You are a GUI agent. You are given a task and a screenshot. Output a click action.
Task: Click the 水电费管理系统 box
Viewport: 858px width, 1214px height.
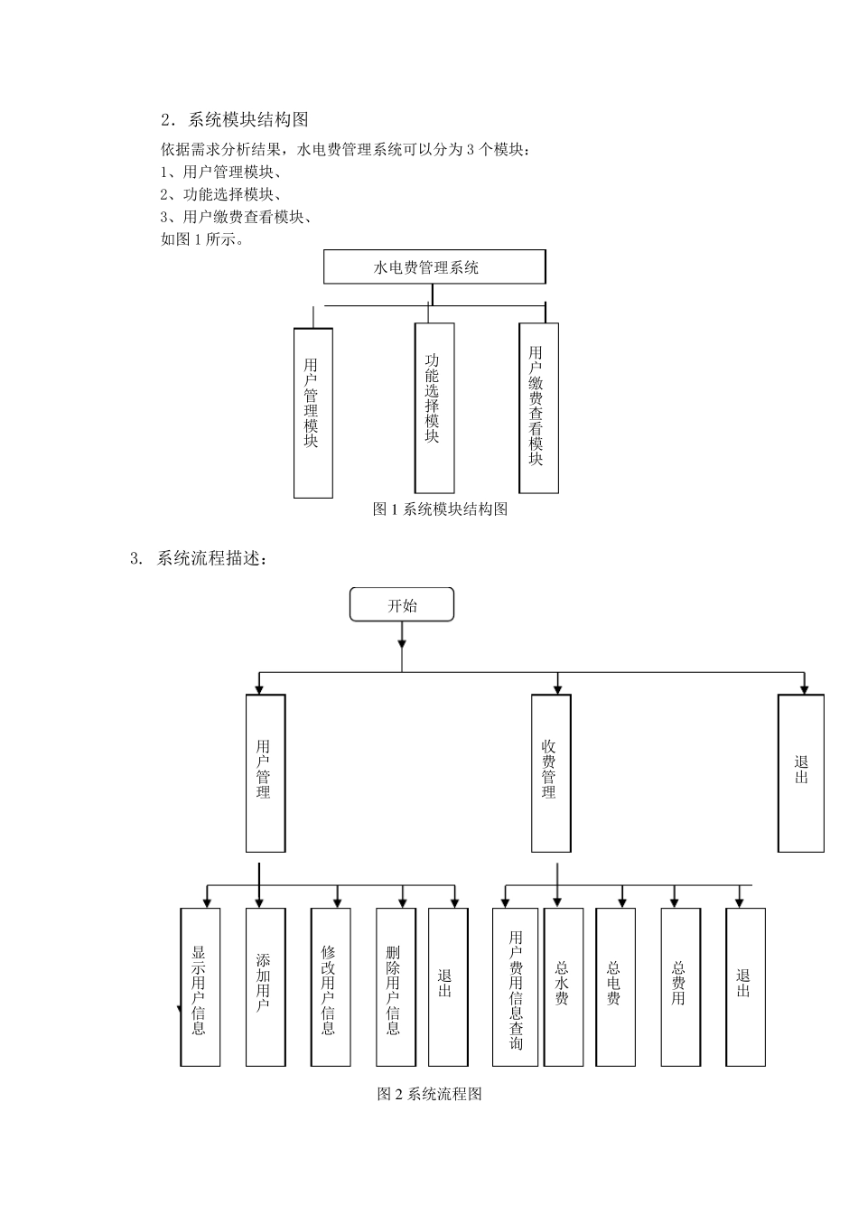tap(434, 267)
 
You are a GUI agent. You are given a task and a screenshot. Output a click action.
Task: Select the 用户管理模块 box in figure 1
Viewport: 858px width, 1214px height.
tap(312, 412)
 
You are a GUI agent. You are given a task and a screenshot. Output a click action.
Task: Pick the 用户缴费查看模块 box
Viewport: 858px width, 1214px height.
tap(538, 408)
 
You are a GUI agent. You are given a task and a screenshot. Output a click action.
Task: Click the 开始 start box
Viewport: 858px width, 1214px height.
tap(402, 605)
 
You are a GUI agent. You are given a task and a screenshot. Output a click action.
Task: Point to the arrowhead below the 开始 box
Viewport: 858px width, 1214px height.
tap(402, 642)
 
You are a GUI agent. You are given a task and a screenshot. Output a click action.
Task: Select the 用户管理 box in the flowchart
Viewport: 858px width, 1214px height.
tap(266, 772)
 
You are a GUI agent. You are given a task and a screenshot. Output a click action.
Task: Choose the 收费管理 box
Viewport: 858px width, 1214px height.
tap(551, 772)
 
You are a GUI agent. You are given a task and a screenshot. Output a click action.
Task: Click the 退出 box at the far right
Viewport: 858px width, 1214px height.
tap(801, 772)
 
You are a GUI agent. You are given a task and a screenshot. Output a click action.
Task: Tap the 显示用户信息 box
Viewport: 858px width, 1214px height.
tap(201, 986)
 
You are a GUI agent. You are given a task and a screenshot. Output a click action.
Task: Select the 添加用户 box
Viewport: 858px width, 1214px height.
tap(266, 986)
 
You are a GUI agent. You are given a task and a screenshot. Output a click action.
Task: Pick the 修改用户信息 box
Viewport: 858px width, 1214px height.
tap(331, 986)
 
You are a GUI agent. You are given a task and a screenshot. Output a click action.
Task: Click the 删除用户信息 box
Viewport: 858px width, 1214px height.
tap(396, 986)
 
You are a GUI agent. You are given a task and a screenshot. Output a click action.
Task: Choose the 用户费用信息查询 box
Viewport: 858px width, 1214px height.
tap(515, 986)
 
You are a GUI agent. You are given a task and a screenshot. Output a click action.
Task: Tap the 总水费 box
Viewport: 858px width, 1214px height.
tap(564, 986)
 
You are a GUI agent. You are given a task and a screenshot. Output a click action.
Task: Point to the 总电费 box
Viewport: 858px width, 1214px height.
tap(615, 986)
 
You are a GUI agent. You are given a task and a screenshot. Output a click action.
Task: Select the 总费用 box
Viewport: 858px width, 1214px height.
tap(680, 986)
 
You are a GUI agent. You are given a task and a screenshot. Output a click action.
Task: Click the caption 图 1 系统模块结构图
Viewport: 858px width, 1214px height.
tap(440, 509)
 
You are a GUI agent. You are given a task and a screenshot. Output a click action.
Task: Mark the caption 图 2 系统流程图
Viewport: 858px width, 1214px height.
tap(429, 1094)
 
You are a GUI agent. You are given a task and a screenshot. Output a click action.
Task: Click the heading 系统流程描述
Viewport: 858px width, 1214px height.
tap(211, 558)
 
